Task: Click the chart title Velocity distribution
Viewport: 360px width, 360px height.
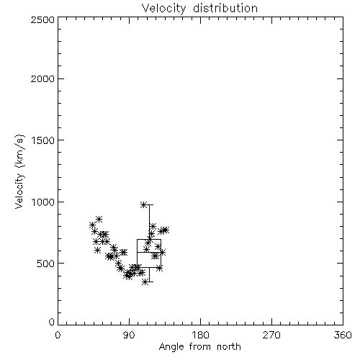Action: pos(199,9)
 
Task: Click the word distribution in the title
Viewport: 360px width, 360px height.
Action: pos(225,9)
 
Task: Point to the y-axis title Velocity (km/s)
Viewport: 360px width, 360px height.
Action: pos(19,171)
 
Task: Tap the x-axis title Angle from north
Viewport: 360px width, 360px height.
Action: pos(199,347)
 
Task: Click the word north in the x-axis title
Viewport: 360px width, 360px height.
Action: pos(229,347)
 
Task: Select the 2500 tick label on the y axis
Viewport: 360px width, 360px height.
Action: pos(42,19)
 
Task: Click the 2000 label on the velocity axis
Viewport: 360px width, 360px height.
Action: pos(42,78)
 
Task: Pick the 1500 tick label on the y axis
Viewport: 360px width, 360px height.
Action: pos(43,140)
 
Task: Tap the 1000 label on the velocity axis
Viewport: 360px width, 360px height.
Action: pos(43,202)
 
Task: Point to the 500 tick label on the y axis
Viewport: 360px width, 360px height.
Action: pos(46,264)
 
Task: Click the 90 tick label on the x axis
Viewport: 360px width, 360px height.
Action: pos(129,335)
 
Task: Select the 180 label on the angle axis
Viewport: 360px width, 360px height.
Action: pos(200,335)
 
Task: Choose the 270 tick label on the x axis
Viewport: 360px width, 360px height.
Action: pos(271,335)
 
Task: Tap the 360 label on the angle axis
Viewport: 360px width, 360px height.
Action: pos(343,335)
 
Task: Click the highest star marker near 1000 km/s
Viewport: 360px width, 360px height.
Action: pos(143,204)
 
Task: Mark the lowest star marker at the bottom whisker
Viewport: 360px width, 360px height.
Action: pos(145,282)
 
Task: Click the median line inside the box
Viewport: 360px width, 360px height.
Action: pos(149,252)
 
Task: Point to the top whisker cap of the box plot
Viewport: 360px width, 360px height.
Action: pos(149,204)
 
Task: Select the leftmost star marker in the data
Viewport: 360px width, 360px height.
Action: pos(92,225)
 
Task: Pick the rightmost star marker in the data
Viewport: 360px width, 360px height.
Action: pos(166,230)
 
